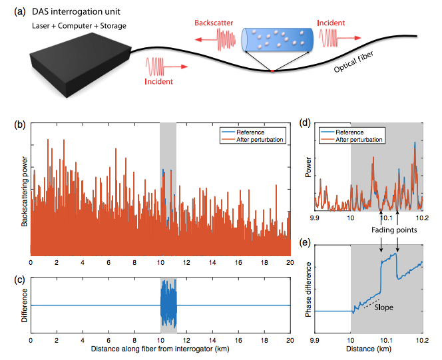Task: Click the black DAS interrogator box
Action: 81,65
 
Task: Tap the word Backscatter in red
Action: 214,23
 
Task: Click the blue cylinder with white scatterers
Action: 278,40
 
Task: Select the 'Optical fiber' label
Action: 353,62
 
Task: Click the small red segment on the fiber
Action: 272,71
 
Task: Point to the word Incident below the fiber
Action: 158,81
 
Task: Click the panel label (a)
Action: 20,11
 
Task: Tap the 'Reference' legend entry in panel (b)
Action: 250,132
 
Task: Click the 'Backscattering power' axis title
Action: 24,192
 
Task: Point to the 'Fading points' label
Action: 394,230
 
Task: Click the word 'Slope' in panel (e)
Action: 383,307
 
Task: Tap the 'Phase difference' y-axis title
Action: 309,289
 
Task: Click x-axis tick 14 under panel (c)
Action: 212,340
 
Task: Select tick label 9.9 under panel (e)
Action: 315,340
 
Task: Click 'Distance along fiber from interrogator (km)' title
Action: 160,349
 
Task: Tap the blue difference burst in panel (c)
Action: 168,304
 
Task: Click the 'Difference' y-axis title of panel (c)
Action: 24,305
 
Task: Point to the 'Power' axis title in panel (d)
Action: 308,167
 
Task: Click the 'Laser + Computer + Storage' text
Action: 79,26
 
